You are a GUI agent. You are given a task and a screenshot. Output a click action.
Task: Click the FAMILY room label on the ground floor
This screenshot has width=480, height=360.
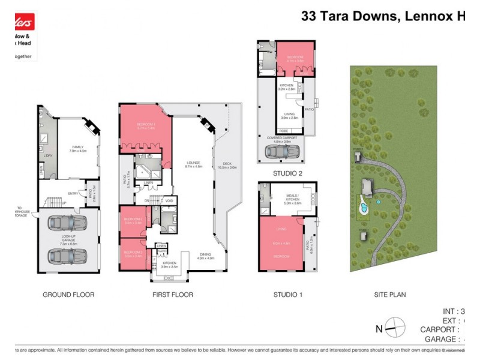click(78, 148)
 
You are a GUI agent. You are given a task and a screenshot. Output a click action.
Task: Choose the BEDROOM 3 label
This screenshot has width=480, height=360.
click(133, 253)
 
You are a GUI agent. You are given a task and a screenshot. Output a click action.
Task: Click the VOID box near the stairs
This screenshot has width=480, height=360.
click(169, 201)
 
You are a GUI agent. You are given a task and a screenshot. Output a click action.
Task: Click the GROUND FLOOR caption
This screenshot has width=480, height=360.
click(68, 295)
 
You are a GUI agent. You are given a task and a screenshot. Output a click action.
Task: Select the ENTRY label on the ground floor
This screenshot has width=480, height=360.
click(73, 193)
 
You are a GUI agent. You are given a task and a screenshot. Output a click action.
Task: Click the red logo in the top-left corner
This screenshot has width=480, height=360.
click(18, 23)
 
